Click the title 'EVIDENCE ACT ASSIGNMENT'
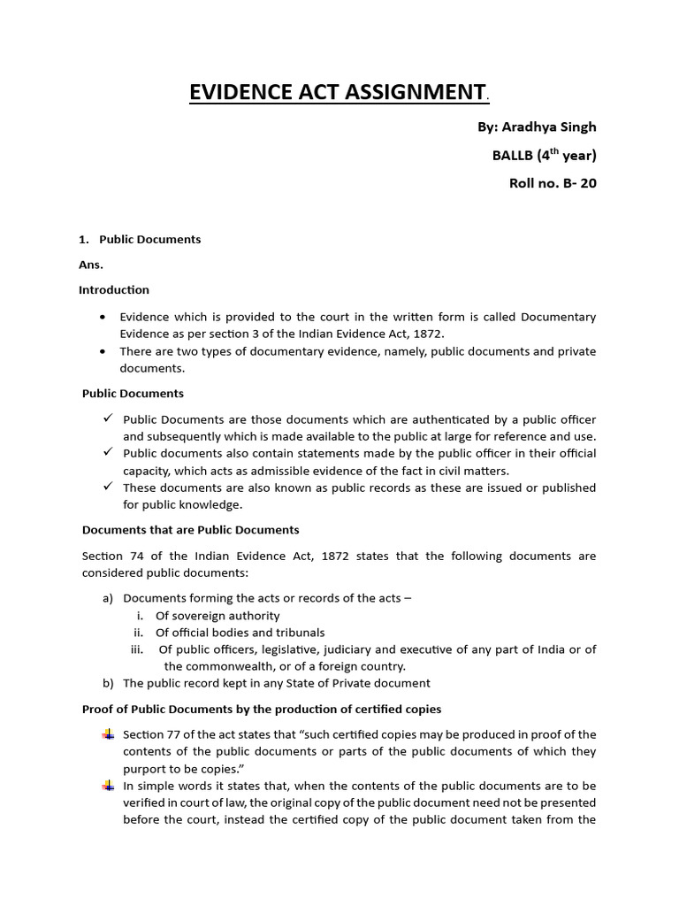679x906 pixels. (337, 92)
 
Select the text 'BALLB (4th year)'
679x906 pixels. (544, 157)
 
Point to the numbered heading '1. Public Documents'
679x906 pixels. (141, 240)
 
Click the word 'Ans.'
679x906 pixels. (91, 265)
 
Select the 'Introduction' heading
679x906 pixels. (114, 289)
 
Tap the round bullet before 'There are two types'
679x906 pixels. (103, 351)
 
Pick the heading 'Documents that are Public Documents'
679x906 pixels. (190, 530)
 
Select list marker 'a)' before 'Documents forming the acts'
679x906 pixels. (108, 599)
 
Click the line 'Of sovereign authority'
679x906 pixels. (217, 616)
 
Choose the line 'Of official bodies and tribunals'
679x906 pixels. (240, 633)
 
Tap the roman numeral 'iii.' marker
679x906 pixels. (137, 649)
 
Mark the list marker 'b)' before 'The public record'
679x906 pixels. (108, 683)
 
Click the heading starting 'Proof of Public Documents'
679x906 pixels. (262, 710)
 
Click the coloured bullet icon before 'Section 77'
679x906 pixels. (108, 734)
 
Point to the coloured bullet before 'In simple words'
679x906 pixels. (108, 786)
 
